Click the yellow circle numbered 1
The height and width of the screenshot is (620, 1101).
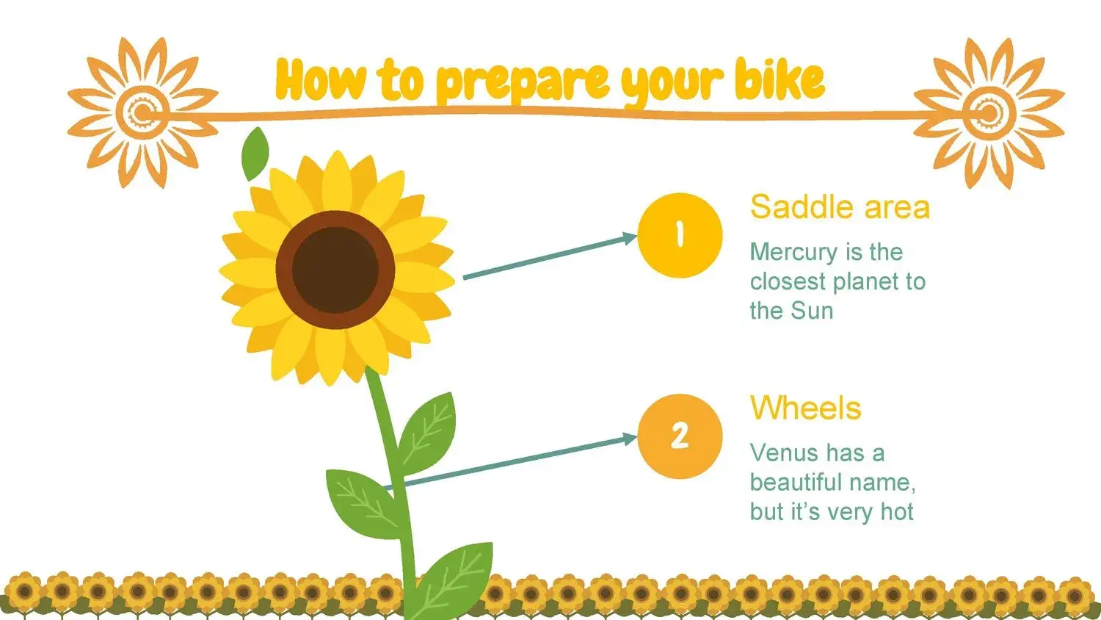point(680,235)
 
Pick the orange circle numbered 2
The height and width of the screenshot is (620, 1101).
point(680,436)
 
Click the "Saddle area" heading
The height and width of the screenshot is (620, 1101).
point(840,207)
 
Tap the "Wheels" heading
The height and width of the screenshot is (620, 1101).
point(806,408)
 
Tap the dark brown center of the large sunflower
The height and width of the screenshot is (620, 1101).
point(335,270)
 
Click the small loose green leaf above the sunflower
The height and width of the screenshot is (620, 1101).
point(255,154)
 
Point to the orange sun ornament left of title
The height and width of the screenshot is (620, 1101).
point(142,113)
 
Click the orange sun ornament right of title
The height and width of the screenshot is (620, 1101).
point(989,113)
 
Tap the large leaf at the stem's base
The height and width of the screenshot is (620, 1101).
point(454,580)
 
